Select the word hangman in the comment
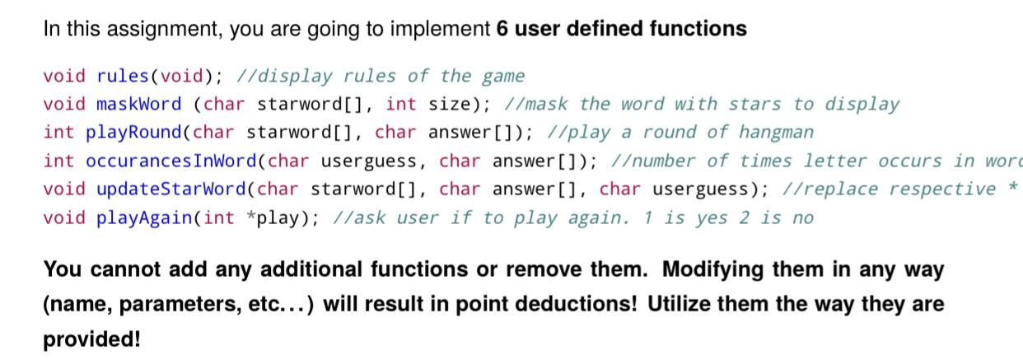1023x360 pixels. pos(776,133)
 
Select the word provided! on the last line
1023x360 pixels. pos(91,339)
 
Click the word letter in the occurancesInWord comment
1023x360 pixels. pos(835,161)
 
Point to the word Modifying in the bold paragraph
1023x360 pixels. pos(714,269)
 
